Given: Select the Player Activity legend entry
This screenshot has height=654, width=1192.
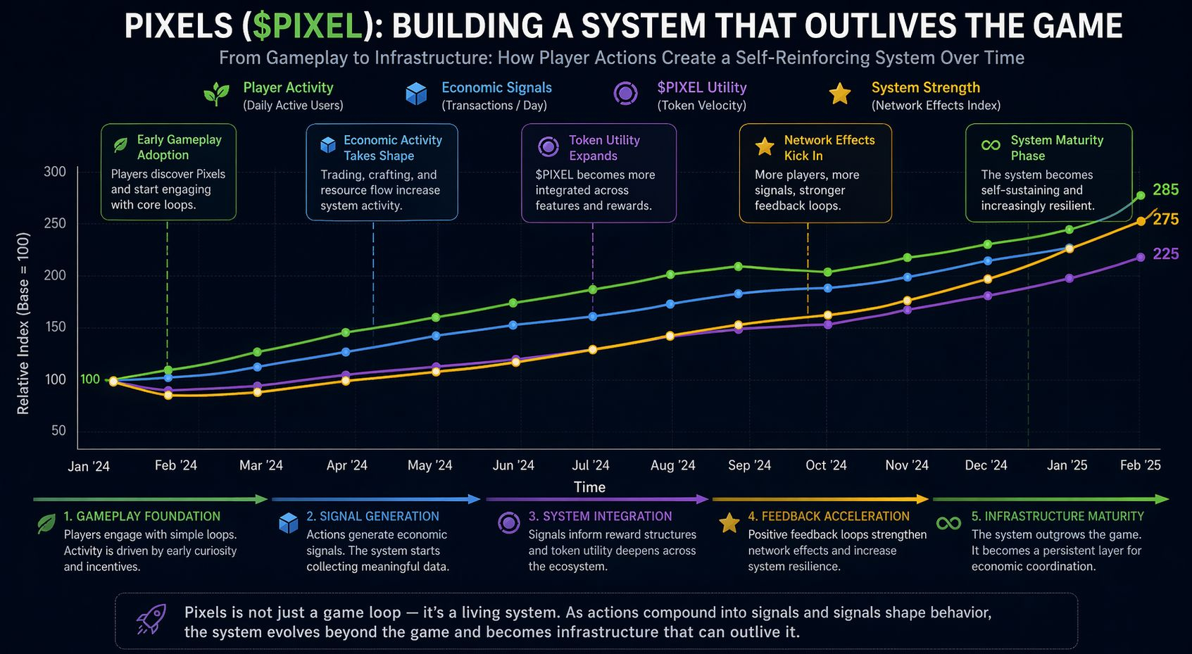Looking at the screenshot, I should (288, 88).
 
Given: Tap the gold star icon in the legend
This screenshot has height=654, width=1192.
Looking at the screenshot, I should (840, 94).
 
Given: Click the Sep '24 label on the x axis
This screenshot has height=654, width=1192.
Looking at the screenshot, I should (749, 465).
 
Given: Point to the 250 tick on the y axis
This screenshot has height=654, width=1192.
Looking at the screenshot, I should (54, 223).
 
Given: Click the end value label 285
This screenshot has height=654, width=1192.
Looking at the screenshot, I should (1165, 189).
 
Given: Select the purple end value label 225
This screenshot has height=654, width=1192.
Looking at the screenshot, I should (1165, 254).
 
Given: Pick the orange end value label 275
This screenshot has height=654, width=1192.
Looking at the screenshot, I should (1165, 219).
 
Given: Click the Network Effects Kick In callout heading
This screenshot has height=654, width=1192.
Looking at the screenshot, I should (829, 148).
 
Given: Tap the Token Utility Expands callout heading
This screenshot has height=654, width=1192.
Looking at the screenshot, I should (604, 148).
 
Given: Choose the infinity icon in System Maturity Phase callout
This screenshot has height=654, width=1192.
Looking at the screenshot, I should (991, 145).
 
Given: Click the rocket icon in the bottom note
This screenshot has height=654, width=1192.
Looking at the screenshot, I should (151, 620).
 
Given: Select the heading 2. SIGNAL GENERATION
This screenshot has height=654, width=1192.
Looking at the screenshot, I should (372, 516).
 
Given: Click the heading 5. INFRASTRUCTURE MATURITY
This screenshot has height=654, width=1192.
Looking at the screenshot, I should (1058, 516).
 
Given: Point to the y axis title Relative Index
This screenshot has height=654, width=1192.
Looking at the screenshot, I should (23, 323).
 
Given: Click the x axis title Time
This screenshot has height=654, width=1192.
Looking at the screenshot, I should (589, 487).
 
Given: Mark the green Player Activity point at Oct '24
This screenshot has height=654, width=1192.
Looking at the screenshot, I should (828, 272).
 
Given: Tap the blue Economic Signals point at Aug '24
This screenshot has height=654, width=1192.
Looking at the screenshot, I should (670, 304).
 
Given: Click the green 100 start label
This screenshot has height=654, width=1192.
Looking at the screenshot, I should (90, 379).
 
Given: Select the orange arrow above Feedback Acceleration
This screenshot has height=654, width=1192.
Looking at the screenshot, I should (820, 499).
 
